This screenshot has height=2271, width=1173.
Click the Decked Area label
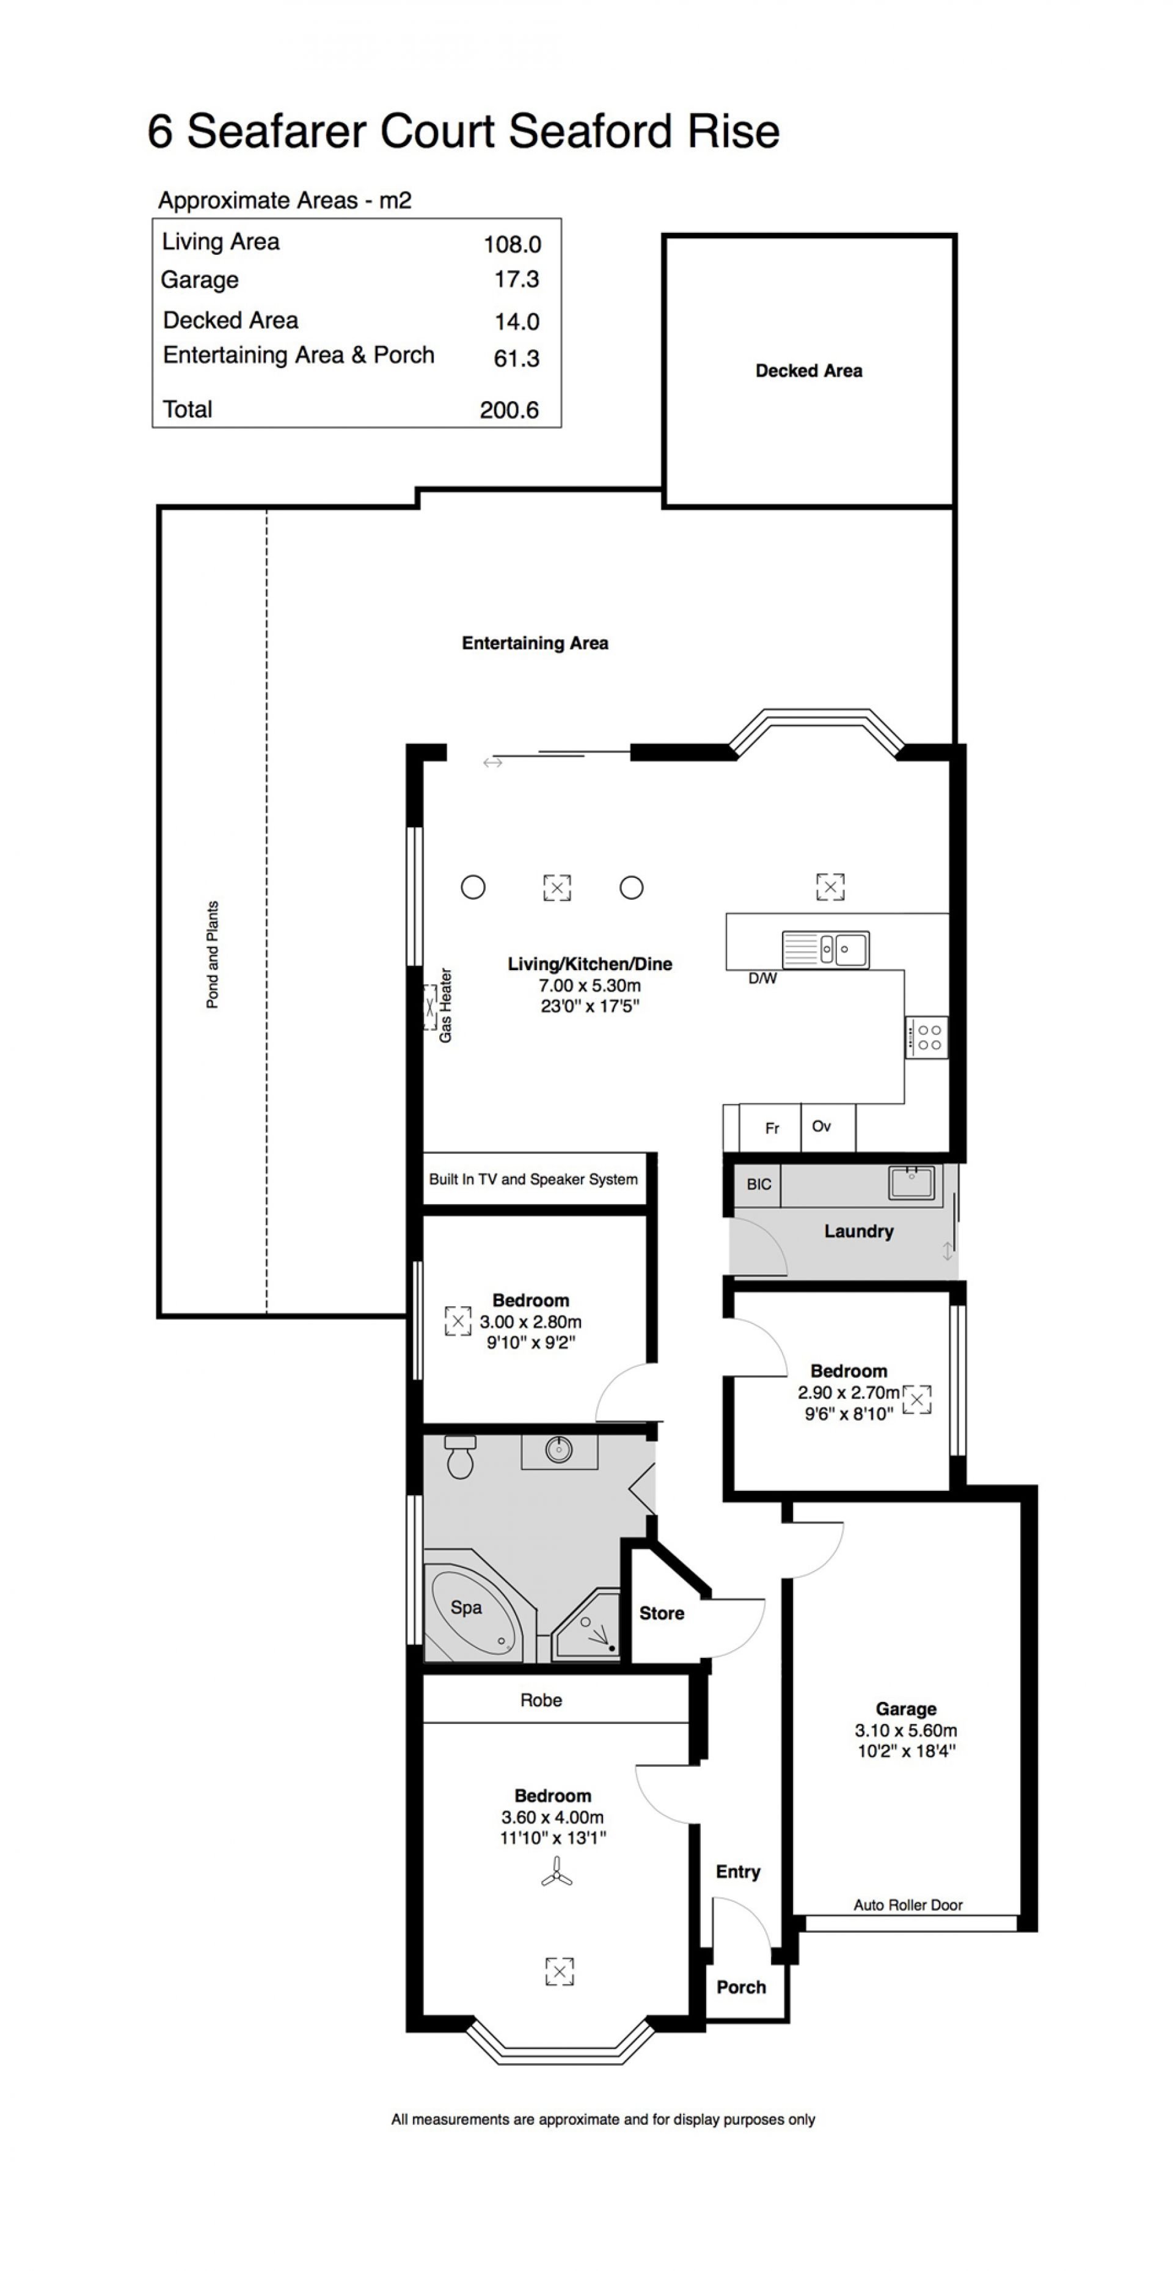coord(808,371)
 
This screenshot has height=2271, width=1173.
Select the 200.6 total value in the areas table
coord(510,410)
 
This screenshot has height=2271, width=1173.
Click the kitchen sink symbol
coord(826,949)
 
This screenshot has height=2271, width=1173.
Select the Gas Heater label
coord(445,1005)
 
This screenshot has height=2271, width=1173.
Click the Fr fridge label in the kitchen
coord(772,1128)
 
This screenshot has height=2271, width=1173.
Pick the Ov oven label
coord(821,1126)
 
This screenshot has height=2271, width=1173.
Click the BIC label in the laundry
coord(759,1184)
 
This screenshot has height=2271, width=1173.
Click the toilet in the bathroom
coord(460,1456)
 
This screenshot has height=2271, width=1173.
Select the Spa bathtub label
coord(466,1607)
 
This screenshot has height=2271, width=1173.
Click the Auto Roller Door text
coord(908,1905)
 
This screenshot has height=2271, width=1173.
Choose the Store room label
coord(662,1613)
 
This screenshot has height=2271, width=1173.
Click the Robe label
coord(541,1701)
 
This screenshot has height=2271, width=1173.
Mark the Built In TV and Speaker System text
coord(533,1180)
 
